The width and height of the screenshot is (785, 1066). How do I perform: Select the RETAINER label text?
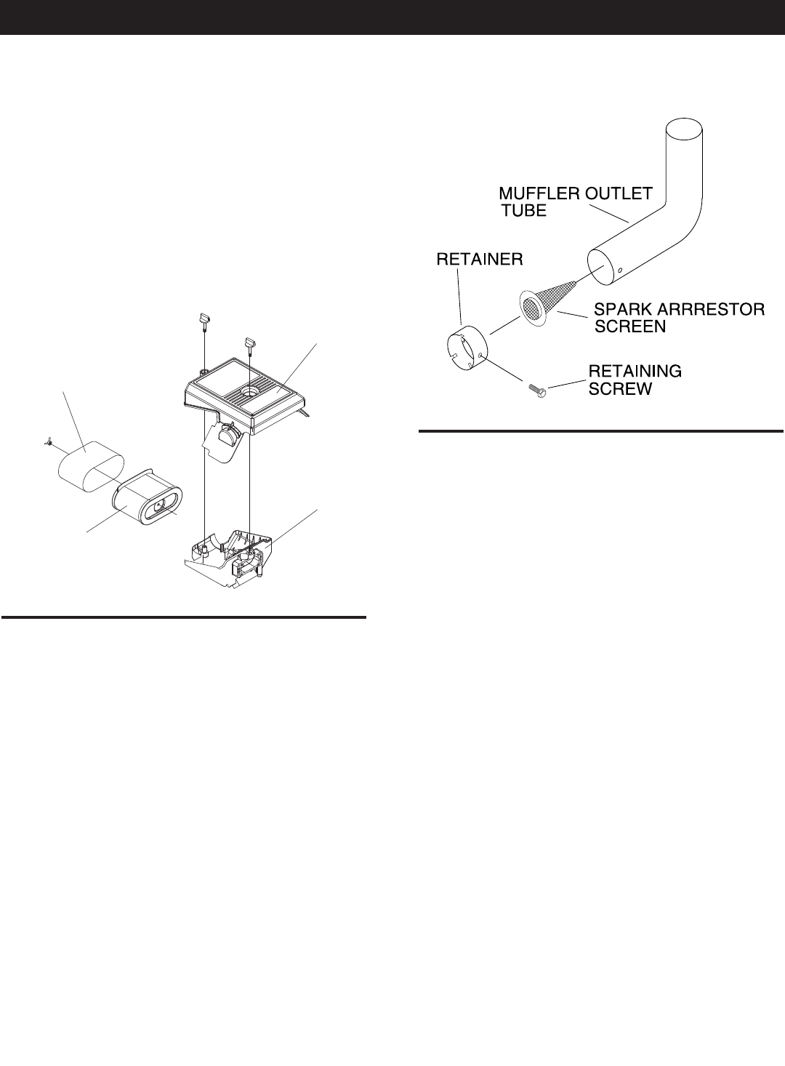click(480, 260)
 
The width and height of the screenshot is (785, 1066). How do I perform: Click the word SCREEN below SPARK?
click(630, 326)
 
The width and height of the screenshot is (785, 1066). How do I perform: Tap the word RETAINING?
click(635, 372)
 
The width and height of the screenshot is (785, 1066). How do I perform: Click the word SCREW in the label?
click(620, 389)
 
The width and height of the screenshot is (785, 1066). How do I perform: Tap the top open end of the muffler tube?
click(685, 130)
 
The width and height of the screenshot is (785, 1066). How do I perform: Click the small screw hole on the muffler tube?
click(620, 270)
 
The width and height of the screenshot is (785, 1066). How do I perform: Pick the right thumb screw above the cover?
click(251, 342)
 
